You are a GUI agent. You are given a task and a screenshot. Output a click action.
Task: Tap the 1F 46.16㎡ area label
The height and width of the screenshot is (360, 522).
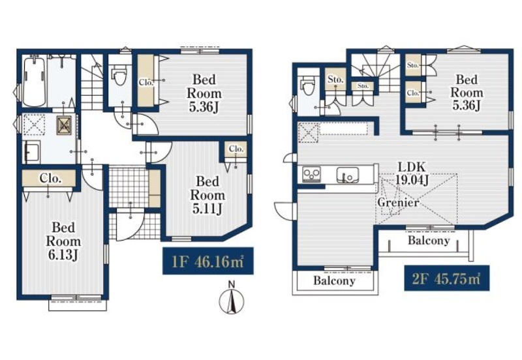(207, 261)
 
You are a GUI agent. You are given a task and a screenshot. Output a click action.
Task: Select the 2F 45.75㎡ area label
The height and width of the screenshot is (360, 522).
(447, 278)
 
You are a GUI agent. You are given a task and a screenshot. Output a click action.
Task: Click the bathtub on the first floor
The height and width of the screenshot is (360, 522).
(34, 81)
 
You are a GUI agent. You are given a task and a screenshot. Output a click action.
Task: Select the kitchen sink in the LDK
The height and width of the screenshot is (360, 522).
(348, 175)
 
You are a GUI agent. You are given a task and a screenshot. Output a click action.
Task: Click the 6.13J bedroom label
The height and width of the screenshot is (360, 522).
(63, 241)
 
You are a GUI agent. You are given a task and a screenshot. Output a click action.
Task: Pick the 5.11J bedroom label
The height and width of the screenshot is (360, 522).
(207, 195)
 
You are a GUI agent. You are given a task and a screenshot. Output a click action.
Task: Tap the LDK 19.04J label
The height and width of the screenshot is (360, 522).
(412, 173)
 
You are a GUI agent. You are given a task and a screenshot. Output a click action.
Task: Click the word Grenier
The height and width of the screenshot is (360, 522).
(398, 202)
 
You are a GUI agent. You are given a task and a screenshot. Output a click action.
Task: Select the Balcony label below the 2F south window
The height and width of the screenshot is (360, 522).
(334, 280)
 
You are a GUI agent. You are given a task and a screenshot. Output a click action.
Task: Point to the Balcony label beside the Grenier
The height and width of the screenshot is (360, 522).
(429, 240)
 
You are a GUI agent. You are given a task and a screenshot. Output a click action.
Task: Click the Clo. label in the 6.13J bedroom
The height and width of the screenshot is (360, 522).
(50, 179)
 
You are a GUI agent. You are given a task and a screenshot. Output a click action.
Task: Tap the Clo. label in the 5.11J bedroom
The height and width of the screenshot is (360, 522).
(236, 149)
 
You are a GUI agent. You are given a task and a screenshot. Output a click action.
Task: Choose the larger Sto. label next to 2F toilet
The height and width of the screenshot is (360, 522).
(335, 80)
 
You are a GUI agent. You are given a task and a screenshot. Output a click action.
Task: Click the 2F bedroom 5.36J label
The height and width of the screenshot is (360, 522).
(467, 93)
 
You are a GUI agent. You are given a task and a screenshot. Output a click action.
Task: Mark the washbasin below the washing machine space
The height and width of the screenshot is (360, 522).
(31, 152)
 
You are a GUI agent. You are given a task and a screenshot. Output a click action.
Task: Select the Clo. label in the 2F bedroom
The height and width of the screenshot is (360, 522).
(413, 93)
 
